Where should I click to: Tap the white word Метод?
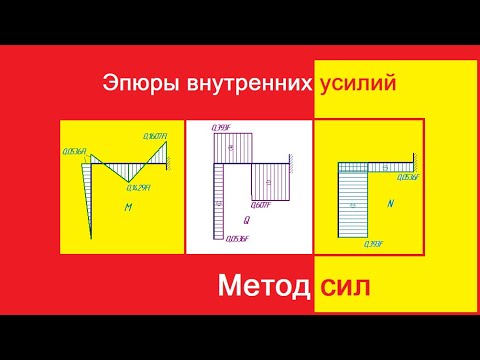coord(263,288)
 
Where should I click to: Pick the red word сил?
coord(344,288)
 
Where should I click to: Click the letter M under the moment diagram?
coord(128,208)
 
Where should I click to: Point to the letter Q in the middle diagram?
coord(246,218)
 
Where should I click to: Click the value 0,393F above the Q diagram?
coord(222,128)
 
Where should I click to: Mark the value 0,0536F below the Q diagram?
coord(236,238)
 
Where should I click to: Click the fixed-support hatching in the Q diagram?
coord(291,159)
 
